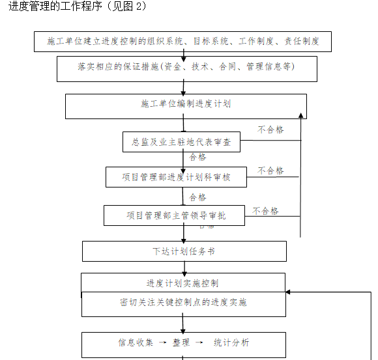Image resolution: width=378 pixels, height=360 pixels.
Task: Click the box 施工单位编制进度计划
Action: (186, 104)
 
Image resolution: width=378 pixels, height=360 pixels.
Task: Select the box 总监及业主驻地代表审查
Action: (181, 142)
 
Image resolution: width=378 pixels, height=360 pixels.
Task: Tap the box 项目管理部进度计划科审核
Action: (176, 176)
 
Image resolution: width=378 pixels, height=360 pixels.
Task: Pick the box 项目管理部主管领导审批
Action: (175, 215)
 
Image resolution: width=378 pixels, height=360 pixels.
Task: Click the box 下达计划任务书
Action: (184, 251)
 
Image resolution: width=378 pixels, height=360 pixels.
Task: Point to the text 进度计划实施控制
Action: (182, 283)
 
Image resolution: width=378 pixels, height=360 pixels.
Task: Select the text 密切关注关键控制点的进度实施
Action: (183, 303)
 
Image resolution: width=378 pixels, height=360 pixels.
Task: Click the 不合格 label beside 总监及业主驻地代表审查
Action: (271, 130)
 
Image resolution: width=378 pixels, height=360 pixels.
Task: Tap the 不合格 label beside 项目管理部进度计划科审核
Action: (271, 171)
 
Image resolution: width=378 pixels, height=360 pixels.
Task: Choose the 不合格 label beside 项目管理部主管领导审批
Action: (266, 211)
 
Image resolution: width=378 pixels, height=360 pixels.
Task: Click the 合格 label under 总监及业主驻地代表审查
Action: (198, 158)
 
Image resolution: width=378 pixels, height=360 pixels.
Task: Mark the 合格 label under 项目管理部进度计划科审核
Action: (198, 197)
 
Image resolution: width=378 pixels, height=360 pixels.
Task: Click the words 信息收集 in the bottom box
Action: (136, 342)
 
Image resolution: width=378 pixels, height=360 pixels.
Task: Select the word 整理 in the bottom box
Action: (181, 342)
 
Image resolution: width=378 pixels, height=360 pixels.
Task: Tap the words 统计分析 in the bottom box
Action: (231, 342)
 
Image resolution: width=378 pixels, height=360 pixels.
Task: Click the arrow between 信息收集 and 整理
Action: (160, 342)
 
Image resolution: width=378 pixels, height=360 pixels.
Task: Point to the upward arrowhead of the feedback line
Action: (300, 116)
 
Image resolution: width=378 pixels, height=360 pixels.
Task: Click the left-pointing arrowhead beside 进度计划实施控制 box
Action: (289, 294)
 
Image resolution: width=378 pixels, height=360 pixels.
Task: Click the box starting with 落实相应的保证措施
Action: (186, 67)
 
